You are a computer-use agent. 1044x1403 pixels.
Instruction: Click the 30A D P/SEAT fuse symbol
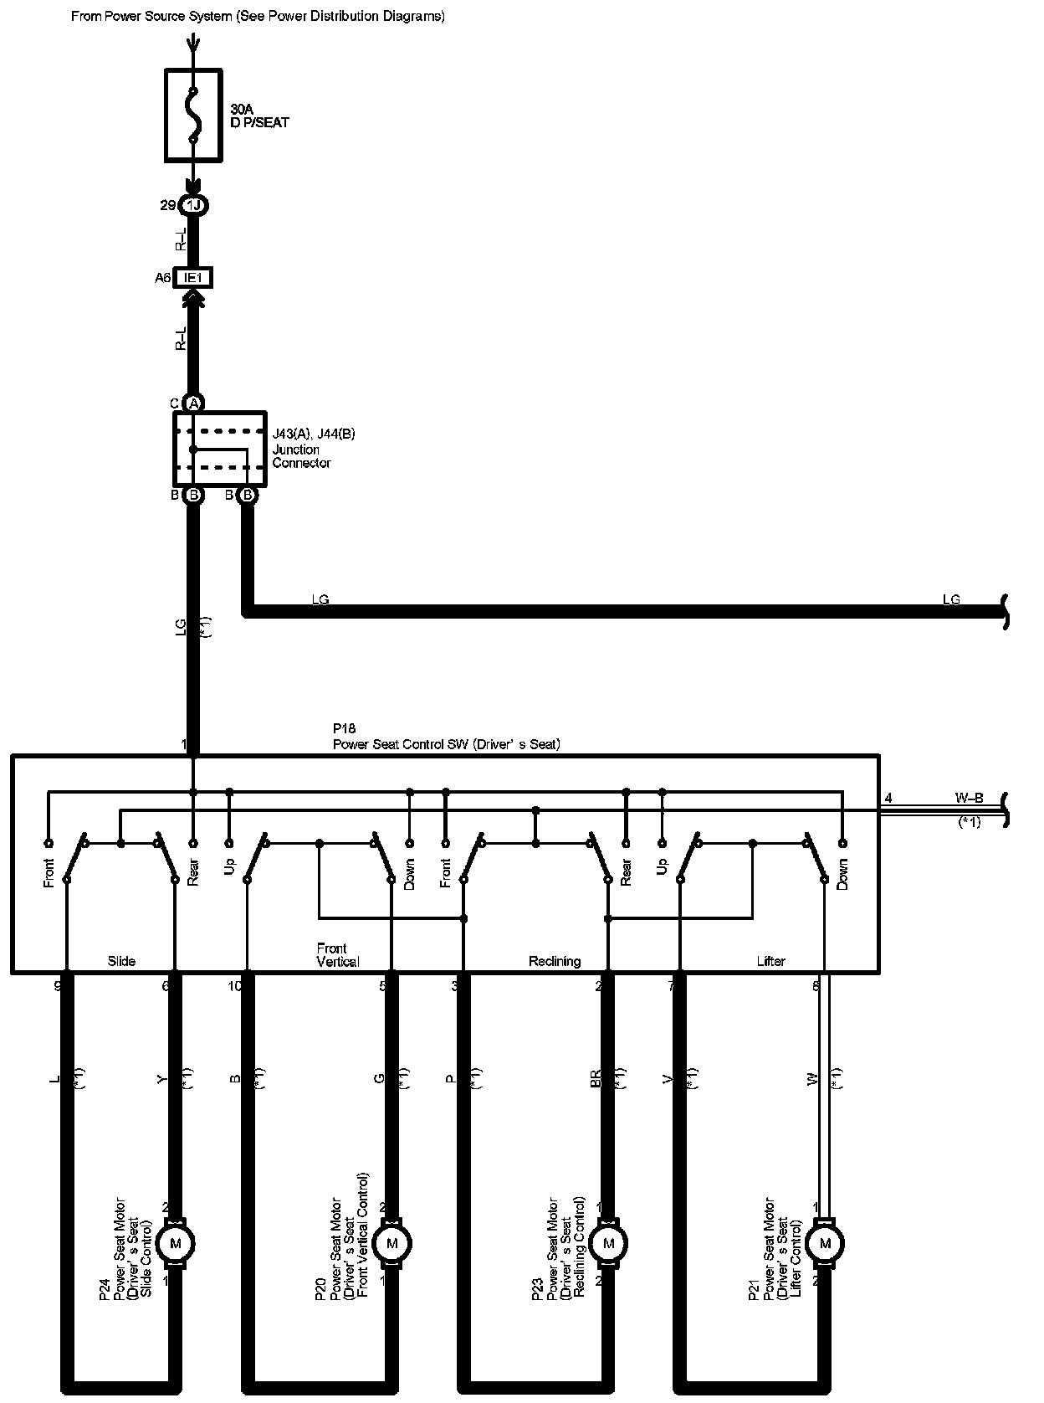[x=193, y=115]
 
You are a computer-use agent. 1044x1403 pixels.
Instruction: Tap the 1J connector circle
[x=193, y=205]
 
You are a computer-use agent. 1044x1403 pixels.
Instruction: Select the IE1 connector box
[x=193, y=277]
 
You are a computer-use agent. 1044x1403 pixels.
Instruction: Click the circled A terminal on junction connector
[x=193, y=403]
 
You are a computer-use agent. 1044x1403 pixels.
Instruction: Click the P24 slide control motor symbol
[x=176, y=1243]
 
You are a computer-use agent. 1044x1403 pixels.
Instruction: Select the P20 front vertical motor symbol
[x=391, y=1243]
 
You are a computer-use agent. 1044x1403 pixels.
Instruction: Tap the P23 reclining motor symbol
[x=608, y=1243]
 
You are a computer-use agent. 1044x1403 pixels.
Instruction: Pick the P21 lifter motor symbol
[x=825, y=1243]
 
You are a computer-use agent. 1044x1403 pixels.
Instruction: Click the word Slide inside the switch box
[x=121, y=961]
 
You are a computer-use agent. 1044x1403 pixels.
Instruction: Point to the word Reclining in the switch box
[x=554, y=961]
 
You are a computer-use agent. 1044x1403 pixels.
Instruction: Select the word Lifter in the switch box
[x=770, y=961]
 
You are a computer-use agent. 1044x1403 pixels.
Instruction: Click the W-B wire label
[x=969, y=799]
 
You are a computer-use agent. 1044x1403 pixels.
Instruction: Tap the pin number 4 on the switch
[x=888, y=799]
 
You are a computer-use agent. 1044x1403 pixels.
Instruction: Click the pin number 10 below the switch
[x=235, y=986]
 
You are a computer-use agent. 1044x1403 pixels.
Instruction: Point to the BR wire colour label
[x=596, y=1078]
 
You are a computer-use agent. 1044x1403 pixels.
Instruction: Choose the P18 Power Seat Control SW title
[x=445, y=737]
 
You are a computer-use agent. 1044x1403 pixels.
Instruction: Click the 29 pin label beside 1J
[x=167, y=205]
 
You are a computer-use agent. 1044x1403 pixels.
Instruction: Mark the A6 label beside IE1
[x=162, y=278]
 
